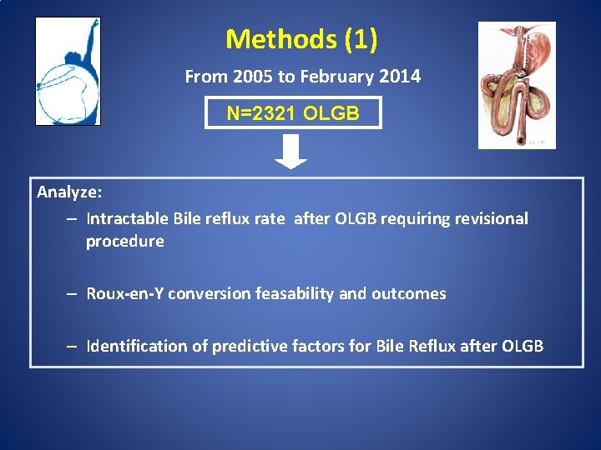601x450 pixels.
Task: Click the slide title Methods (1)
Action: tap(301, 39)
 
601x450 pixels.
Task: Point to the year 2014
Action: tap(400, 77)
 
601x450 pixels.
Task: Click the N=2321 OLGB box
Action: tap(293, 113)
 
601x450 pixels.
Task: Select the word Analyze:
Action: tap(69, 192)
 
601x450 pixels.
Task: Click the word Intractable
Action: tap(128, 219)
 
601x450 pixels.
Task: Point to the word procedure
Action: tap(124, 242)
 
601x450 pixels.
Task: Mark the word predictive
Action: tap(246, 347)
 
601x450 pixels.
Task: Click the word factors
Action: tap(315, 347)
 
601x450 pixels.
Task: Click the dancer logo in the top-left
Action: tap(68, 72)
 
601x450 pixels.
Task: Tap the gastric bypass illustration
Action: tap(516, 86)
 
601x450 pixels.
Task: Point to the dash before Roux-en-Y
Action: tap(73, 294)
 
